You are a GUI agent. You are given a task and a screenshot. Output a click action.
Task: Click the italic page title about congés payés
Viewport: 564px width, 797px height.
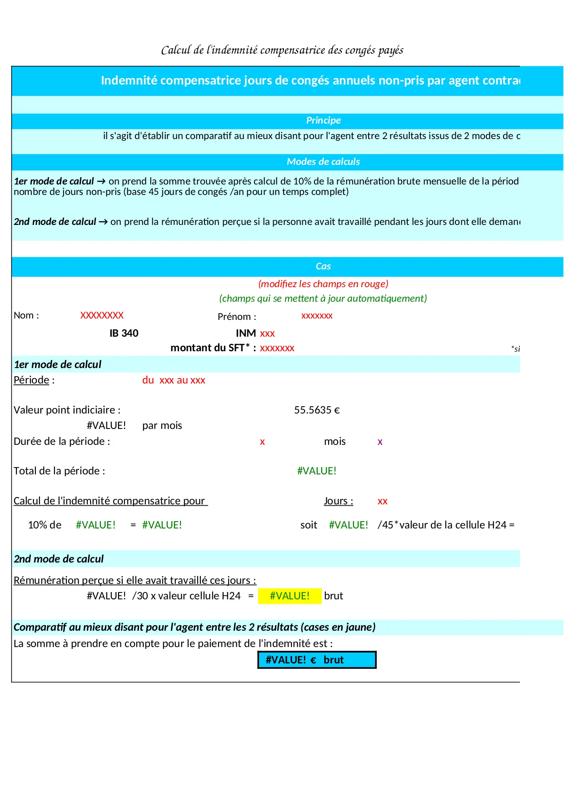pyautogui.click(x=282, y=50)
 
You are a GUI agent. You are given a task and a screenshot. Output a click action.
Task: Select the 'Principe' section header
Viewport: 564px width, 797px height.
pyautogui.click(x=323, y=120)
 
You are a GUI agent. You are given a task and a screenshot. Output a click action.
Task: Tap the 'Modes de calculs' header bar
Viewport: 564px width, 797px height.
pyautogui.click(x=323, y=162)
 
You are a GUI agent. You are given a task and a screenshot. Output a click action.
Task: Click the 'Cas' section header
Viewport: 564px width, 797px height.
pyautogui.click(x=323, y=266)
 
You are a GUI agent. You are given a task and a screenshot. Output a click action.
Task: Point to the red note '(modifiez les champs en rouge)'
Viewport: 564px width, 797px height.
pyautogui.click(x=323, y=284)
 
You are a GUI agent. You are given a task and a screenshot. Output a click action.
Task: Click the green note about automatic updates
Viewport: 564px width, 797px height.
pyautogui.click(x=323, y=299)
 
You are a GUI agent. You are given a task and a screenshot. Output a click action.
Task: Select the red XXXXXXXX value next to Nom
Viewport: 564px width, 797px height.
pyautogui.click(x=102, y=315)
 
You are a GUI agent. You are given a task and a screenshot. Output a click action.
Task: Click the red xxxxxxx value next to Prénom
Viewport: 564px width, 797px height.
pyautogui.click(x=317, y=316)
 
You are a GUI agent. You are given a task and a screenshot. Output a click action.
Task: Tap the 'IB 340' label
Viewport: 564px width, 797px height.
pyautogui.click(x=124, y=334)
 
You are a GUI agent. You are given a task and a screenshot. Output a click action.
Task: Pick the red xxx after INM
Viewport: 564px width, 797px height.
pyautogui.click(x=267, y=334)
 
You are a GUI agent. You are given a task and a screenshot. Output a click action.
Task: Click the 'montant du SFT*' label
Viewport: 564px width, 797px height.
pyautogui.click(x=213, y=348)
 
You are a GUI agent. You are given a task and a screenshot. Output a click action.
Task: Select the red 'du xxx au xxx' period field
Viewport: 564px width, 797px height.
pyautogui.click(x=174, y=380)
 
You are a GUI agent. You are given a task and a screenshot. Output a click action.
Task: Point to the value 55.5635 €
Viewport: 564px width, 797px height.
pyautogui.click(x=317, y=410)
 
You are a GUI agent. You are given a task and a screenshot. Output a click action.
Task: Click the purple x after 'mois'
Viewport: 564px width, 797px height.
pyautogui.click(x=380, y=442)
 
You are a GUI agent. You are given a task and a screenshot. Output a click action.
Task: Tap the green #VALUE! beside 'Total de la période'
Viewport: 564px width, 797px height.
pyautogui.click(x=317, y=471)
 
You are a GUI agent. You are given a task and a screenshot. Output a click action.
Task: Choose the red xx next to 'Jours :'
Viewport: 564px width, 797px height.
pyautogui.click(x=382, y=501)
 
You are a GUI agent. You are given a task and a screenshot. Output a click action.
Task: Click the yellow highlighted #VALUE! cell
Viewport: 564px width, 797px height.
pyautogui.click(x=289, y=596)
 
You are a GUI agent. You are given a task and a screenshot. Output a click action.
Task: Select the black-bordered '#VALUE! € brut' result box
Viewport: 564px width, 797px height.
pyautogui.click(x=317, y=660)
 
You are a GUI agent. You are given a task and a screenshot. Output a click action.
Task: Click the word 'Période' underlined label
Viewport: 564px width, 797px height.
pyautogui.click(x=31, y=380)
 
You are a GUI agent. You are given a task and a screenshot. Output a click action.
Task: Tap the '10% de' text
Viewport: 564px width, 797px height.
pyautogui.click(x=45, y=525)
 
